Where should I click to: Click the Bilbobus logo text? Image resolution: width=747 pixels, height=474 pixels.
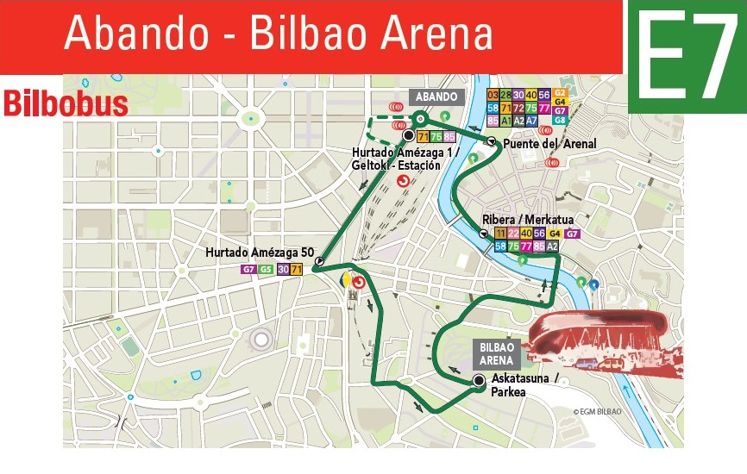[66, 103]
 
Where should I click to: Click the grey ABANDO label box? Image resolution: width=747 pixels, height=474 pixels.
[436, 97]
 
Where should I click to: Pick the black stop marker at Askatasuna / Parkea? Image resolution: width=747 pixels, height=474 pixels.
[480, 381]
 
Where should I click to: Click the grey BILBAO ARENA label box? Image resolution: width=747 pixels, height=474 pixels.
[497, 353]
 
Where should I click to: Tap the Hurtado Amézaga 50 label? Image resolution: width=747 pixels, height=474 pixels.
[258, 253]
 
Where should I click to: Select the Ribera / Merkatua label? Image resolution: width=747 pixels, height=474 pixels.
[535, 219]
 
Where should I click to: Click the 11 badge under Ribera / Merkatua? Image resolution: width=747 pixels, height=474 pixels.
[501, 234]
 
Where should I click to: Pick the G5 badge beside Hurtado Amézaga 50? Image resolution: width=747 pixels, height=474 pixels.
[266, 270]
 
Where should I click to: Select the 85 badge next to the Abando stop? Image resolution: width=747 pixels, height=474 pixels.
[449, 137]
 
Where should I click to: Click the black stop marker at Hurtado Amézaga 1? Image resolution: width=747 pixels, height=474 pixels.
[408, 135]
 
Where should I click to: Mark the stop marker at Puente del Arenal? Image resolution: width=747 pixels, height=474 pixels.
[491, 141]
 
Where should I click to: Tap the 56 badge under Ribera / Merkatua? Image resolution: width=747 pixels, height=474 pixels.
[540, 234]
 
